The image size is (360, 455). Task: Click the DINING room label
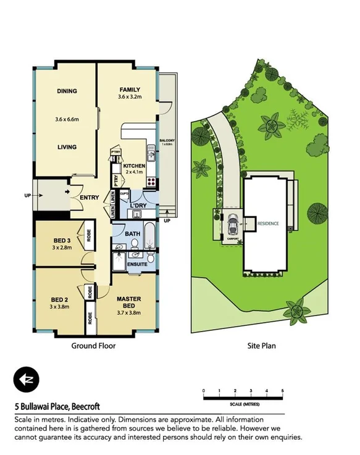click(67, 91)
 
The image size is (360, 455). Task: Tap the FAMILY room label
click(130, 89)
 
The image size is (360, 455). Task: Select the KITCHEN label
click(133, 166)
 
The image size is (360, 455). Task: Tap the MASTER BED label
click(130, 302)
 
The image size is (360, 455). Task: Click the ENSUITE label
click(137, 264)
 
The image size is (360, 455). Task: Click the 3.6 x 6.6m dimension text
click(67, 119)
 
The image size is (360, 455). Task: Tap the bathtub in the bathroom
click(149, 234)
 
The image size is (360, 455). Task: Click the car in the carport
click(233, 223)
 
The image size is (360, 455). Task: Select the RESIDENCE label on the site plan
click(268, 223)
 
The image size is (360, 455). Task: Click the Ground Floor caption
click(94, 346)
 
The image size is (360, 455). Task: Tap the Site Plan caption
click(262, 346)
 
